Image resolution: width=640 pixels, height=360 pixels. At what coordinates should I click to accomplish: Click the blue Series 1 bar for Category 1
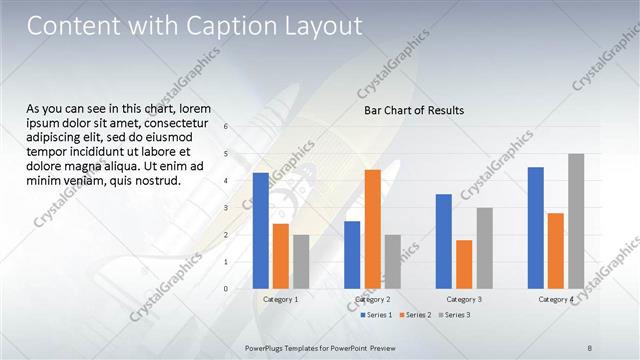261,231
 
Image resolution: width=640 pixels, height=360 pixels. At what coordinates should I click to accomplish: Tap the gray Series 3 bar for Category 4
576,221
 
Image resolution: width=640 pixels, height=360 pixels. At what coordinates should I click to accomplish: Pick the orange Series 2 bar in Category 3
464,264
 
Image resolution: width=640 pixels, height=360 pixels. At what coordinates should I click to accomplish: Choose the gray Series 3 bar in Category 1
301,261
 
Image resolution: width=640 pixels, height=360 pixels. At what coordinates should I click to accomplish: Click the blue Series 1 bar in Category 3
444,241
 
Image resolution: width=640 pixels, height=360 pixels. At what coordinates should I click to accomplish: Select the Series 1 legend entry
376,315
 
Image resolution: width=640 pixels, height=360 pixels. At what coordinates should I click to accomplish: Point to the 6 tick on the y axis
227,127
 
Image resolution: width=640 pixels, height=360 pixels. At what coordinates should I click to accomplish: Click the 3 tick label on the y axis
227,208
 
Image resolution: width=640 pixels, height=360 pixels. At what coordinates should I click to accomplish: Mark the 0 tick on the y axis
227,289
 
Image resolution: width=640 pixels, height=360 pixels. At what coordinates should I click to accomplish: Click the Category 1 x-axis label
281,300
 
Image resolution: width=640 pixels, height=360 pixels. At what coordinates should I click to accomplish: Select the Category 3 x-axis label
464,300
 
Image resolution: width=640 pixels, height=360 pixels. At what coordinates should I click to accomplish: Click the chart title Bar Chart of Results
413,110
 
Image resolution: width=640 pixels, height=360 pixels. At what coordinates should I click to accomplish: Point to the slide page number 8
590,347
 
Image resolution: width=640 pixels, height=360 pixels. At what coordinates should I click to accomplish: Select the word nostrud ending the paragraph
155,181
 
